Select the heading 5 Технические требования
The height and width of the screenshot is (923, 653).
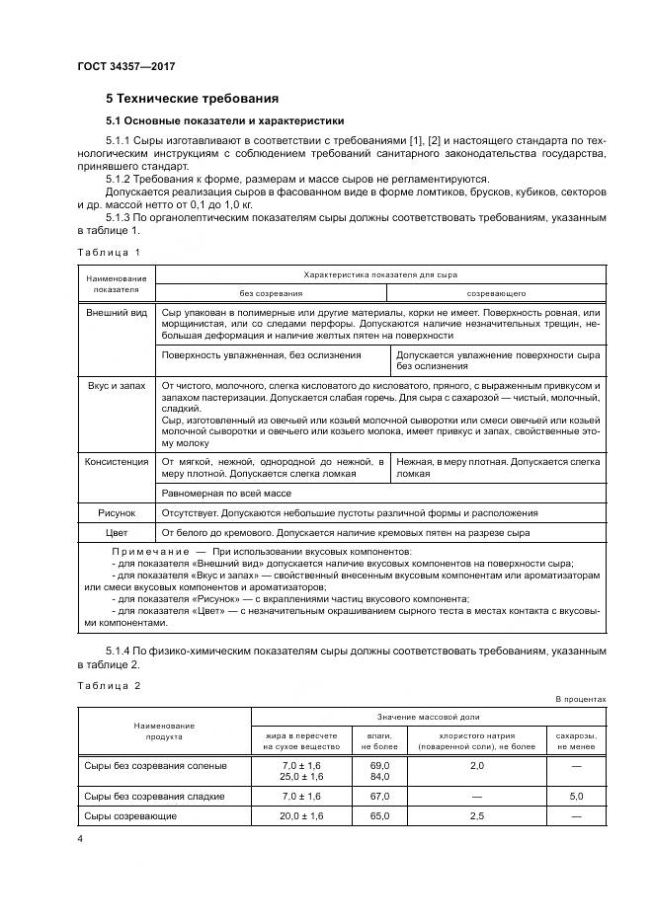coord(192,99)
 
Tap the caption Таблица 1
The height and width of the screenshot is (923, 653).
coord(109,253)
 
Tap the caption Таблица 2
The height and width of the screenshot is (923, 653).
coord(109,685)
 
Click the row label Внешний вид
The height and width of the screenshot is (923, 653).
coord(117,311)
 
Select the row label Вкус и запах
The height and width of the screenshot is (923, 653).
coord(117,384)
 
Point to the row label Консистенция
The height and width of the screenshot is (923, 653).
coord(117,461)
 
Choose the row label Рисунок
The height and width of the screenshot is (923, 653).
coord(117,512)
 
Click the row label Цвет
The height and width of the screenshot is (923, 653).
coord(117,532)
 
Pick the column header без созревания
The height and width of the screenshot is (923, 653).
coord(271,293)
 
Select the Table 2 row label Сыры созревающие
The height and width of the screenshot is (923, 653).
coord(130,816)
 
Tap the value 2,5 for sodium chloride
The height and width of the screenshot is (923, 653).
coord(476,816)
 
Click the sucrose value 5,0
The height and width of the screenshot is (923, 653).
coord(575,796)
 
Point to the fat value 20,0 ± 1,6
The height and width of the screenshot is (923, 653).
coord(301,816)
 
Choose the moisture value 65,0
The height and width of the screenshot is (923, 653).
coord(379,816)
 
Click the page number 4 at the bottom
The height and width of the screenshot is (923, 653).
coord(81,838)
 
